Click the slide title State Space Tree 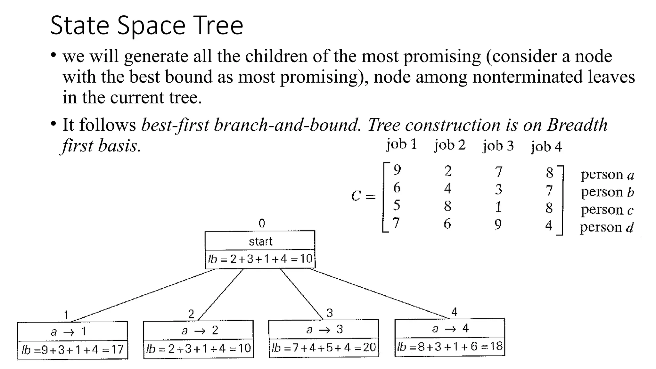(x=147, y=25)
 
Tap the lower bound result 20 (x=369, y=347)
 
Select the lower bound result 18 (x=496, y=346)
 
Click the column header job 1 (x=402, y=144)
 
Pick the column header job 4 (x=546, y=147)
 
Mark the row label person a (x=607, y=175)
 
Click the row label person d (x=607, y=227)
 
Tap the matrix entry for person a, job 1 (x=397, y=170)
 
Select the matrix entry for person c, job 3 (x=498, y=207)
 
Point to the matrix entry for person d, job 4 (x=549, y=225)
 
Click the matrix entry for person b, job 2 (x=448, y=188)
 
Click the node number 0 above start (x=262, y=223)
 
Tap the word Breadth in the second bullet (x=577, y=125)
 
